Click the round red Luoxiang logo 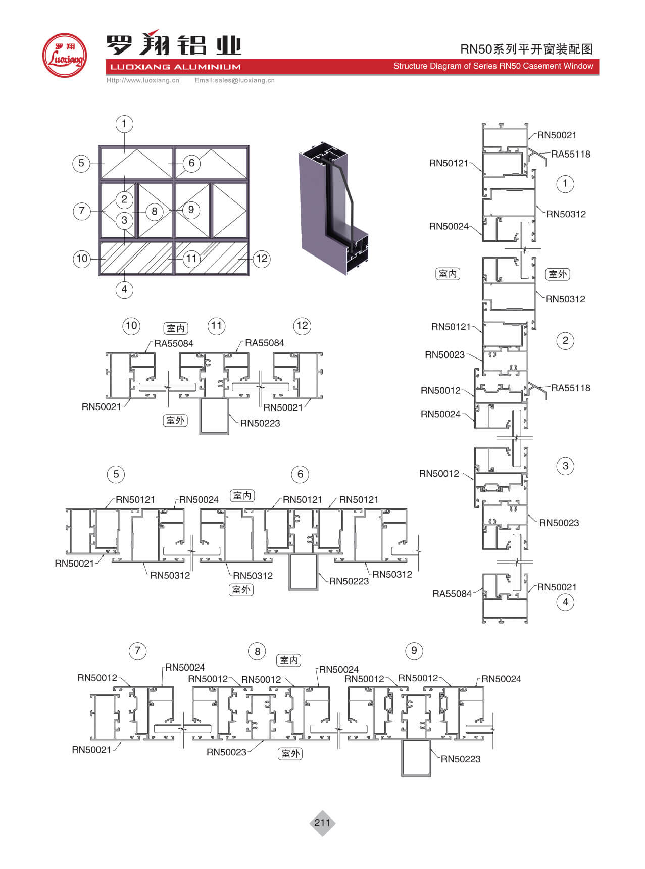[64, 56]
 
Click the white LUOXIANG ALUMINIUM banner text [175, 67]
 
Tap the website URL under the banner [143, 80]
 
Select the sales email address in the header [235, 80]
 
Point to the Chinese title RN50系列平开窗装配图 [526, 49]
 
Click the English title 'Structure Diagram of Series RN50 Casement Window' [493, 66]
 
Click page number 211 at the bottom [322, 823]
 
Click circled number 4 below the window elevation [124, 290]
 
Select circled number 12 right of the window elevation [262, 259]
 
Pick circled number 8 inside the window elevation [155, 212]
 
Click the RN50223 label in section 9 [461, 759]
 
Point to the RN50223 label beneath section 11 [260, 423]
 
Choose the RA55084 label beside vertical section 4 [452, 594]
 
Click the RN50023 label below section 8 [226, 752]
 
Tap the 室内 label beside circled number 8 [289, 660]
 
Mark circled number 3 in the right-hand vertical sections [565, 466]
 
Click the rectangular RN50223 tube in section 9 [416, 758]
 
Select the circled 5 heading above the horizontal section [116, 474]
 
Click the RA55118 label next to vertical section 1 [571, 155]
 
